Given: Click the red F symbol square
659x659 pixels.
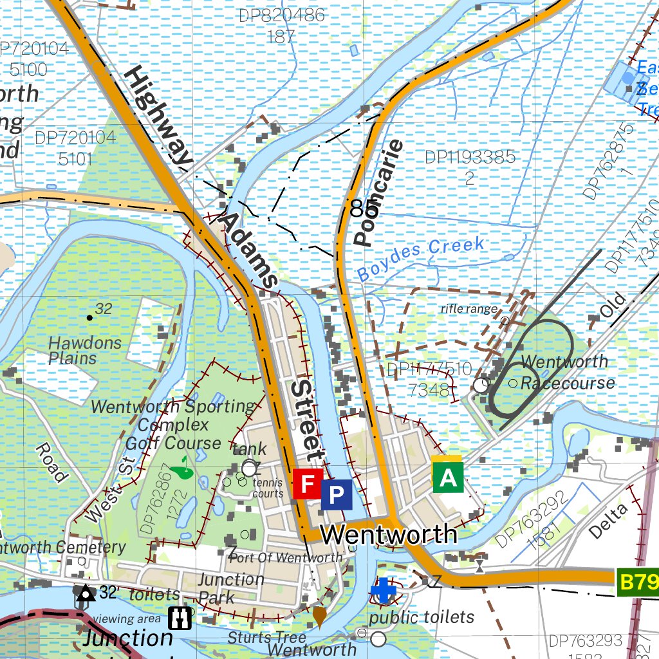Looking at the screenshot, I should coord(308,483).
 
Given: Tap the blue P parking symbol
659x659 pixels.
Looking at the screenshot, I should coord(337,494).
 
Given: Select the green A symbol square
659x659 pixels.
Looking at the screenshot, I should coord(448,477).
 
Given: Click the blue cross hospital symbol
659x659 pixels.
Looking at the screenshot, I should coord(384,590).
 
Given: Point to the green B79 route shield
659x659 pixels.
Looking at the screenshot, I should coord(638,583).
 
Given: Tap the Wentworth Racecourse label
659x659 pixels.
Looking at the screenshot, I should coord(566,372).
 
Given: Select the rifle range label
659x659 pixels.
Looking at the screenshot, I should coord(469,309).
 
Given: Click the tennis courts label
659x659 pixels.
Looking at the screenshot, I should coord(268,487).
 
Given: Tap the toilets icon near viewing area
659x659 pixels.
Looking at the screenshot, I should coord(180,618).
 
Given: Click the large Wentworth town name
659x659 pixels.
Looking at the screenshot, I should coord(389,534).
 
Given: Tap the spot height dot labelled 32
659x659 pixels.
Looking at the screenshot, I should coord(89,317).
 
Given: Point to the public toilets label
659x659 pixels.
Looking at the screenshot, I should coord(422,617).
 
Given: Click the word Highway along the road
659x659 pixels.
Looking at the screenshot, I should coord(158,116).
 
